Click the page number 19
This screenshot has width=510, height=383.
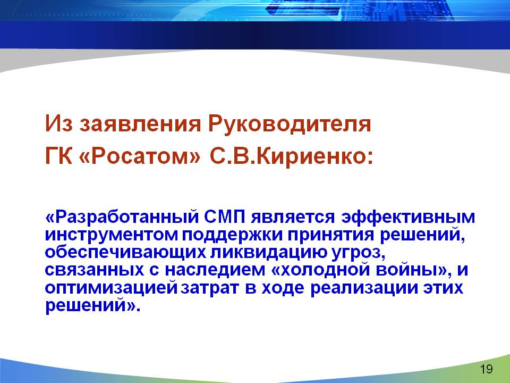click(486, 369)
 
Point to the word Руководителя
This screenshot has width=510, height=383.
click(290, 124)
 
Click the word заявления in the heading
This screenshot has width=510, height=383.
click(140, 124)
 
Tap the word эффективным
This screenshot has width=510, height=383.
click(408, 217)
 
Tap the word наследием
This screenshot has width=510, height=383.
click(215, 271)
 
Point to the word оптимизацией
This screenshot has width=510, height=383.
click(111, 288)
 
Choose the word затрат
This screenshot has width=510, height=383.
click(210, 288)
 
